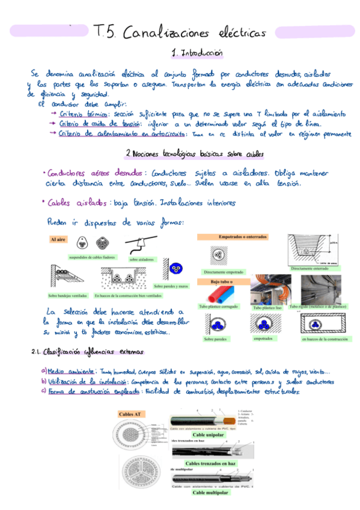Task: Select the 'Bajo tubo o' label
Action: (x=222, y=281)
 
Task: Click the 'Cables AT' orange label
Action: (x=130, y=414)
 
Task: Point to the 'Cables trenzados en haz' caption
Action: (x=210, y=464)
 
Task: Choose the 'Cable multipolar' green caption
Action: (x=210, y=493)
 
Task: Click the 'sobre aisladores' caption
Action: (x=142, y=259)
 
